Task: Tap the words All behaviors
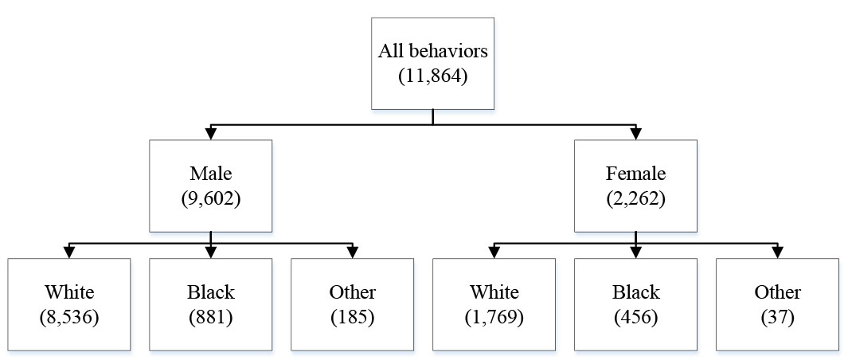432,52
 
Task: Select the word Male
211,174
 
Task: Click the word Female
635,174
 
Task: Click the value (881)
211,318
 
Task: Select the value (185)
352,318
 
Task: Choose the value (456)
635,318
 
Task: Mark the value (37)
777,318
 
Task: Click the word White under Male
69,292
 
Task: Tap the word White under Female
494,292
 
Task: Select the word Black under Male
211,292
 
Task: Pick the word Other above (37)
777,292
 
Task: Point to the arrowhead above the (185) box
352,252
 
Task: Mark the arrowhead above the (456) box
635,252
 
